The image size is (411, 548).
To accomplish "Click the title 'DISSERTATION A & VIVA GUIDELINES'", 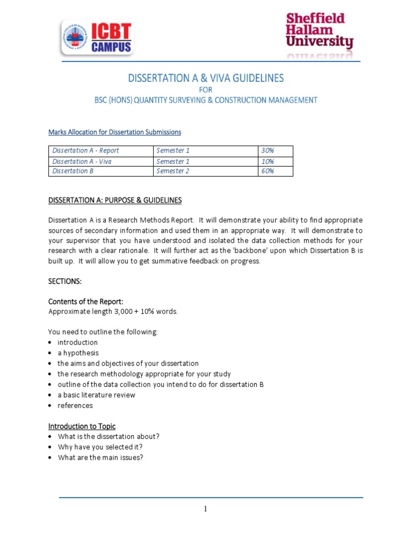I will [x=205, y=78].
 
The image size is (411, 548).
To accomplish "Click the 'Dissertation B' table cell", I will [x=70, y=171].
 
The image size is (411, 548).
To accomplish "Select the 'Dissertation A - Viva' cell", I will [x=82, y=161].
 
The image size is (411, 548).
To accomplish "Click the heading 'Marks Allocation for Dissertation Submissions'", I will [x=115, y=132].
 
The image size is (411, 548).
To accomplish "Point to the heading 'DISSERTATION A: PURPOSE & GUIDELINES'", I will [x=115, y=200].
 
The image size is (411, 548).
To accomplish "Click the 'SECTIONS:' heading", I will [x=65, y=281].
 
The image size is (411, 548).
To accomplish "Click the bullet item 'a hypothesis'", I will [x=78, y=353].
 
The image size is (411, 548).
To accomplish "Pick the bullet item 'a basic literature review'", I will [x=96, y=395].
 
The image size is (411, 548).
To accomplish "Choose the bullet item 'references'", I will [x=75, y=405].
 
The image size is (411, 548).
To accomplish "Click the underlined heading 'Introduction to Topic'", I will [x=82, y=426].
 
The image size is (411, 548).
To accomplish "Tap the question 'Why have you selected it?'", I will [x=100, y=447].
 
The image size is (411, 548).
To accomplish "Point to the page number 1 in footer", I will [x=205, y=509].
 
